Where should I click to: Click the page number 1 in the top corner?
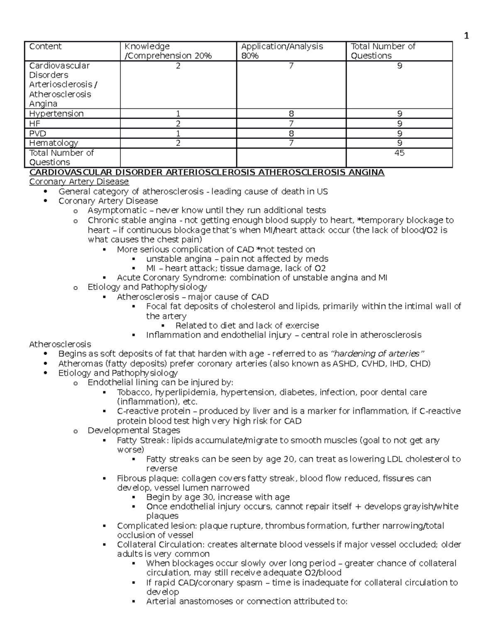466,36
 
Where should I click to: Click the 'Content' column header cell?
45,46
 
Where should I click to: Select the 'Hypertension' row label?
56,114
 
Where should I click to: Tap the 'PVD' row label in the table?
37,134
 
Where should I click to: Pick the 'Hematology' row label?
54,143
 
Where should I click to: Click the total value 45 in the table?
399,153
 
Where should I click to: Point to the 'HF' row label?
34,124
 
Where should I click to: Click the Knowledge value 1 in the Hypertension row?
178,114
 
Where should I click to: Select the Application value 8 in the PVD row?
291,134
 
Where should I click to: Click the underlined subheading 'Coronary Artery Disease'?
79,182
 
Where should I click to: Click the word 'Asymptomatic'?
117,210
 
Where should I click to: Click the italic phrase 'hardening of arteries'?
377,354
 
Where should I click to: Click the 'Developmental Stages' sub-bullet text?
134,430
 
